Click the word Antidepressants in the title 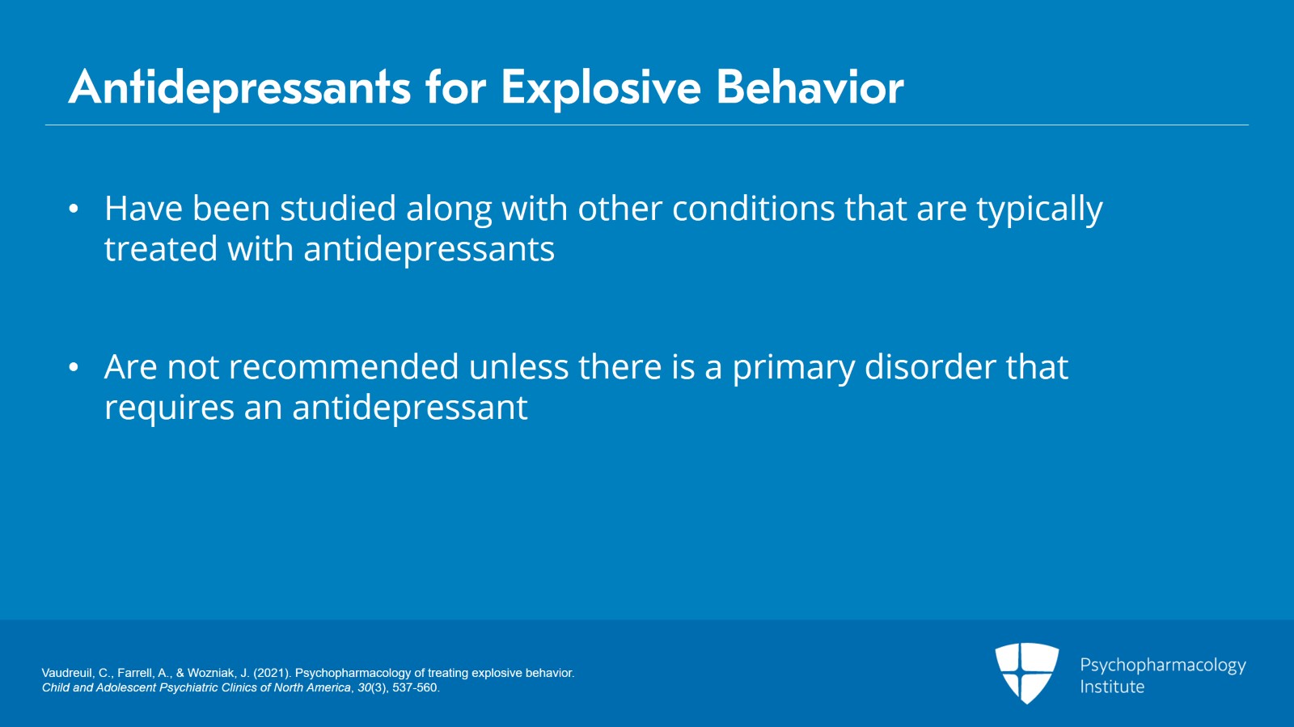pos(239,87)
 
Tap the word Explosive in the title pos(600,87)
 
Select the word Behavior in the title pos(810,87)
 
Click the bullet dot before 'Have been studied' pos(74,209)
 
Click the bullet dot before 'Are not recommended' pos(74,368)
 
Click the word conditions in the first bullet pos(753,209)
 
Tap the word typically pos(1039,210)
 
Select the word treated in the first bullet pos(160,249)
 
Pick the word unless pos(518,367)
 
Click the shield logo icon pos(1026,672)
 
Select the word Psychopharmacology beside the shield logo pos(1162,666)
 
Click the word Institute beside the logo pos(1111,687)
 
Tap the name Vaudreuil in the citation pos(66,673)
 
